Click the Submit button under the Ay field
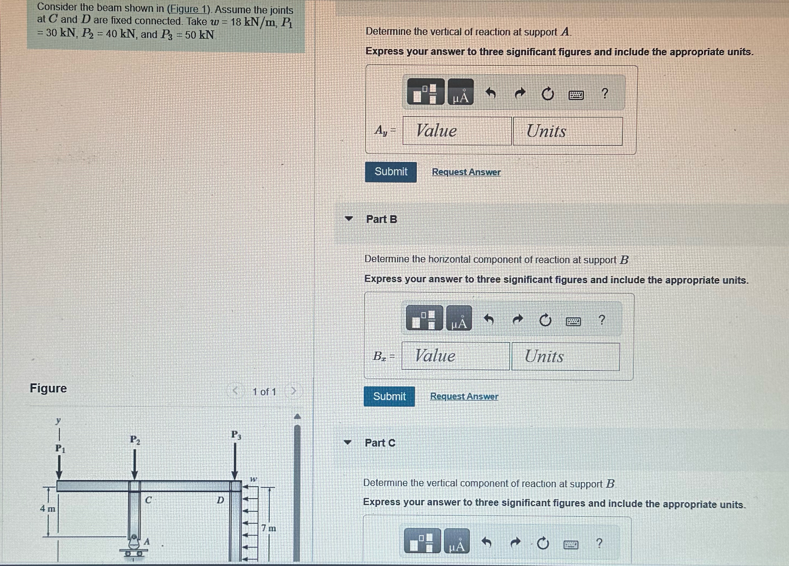[391, 172]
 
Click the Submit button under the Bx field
[389, 397]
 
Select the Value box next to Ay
[457, 131]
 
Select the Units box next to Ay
[567, 131]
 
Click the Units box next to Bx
[566, 356]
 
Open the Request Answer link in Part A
[466, 172]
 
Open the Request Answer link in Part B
[464, 397]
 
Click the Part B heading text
[381, 219]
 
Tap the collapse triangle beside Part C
[347, 442]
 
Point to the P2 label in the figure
[135, 440]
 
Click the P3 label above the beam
[236, 435]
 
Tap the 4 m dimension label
[48, 509]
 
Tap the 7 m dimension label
[269, 528]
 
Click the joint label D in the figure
[220, 500]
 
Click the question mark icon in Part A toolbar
[605, 94]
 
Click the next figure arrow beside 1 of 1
[293, 391]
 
